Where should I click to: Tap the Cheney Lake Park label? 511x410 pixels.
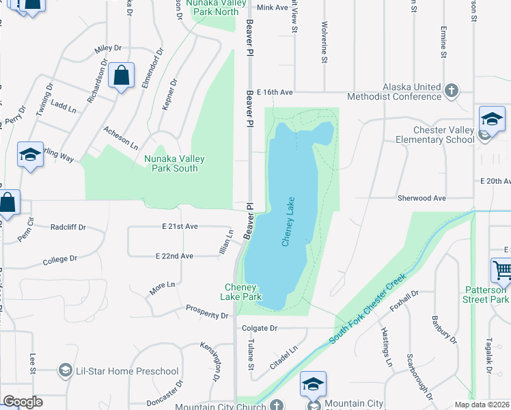coord(240,292)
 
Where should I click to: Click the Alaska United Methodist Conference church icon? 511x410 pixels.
coord(451,90)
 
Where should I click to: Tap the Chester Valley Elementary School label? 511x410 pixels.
coord(434,135)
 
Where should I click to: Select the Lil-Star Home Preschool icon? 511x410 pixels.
coord(65,371)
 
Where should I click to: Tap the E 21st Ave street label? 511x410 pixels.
coord(180,226)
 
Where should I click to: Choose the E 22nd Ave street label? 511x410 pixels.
coord(174,256)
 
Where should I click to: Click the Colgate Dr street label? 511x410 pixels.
coord(259,328)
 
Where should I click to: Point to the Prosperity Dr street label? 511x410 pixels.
coord(207,312)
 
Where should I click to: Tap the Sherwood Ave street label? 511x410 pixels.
coord(422,198)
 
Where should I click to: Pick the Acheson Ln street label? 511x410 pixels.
coord(121,138)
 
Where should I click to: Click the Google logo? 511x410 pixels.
coord(23,401)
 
